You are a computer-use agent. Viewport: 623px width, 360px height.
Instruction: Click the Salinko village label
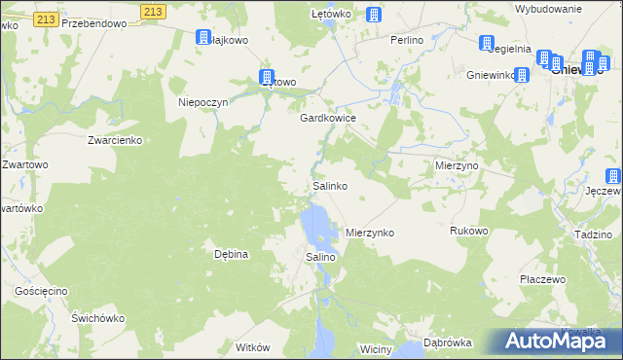330,185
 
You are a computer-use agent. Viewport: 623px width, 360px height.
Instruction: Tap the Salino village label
321,256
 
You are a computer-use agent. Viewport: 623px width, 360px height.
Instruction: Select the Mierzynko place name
370,234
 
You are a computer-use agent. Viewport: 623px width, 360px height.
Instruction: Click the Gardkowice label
327,117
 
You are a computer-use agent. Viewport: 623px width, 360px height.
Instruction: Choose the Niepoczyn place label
202,102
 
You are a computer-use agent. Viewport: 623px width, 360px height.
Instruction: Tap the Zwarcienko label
115,140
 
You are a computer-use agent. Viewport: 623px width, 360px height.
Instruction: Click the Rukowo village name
468,231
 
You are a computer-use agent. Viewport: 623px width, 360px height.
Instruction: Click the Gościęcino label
41,291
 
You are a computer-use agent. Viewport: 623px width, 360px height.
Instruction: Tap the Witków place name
251,346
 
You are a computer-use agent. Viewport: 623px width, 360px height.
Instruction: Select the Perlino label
406,40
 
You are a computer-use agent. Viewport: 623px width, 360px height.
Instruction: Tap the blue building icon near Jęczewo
613,176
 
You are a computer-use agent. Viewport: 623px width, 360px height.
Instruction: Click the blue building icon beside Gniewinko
522,75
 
